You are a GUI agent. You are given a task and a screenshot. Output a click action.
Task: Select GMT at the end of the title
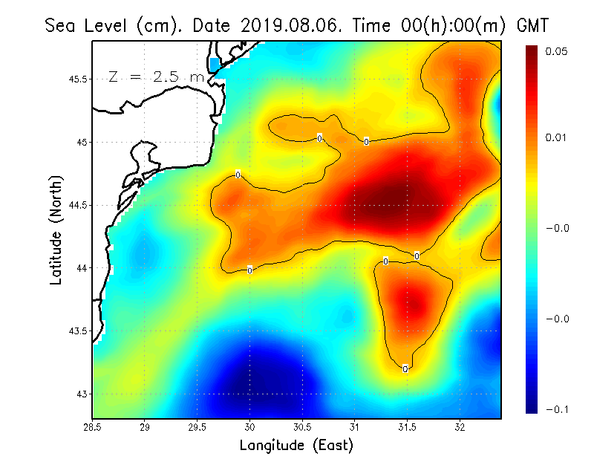click(533, 25)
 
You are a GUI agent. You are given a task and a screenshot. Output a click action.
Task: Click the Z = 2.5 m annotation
click(156, 76)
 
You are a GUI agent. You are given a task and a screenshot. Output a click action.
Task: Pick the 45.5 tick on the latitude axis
click(78, 79)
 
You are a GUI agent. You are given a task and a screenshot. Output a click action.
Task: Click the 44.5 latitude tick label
click(78, 205)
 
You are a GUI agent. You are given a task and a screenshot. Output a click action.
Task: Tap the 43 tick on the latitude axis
click(83, 394)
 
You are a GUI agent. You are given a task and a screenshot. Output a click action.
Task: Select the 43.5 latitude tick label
click(78, 331)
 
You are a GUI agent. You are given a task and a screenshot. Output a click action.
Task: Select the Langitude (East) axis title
click(296, 445)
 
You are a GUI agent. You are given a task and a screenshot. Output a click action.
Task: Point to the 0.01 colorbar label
click(557, 137)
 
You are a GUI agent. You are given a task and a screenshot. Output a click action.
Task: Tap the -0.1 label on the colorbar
click(557, 408)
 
